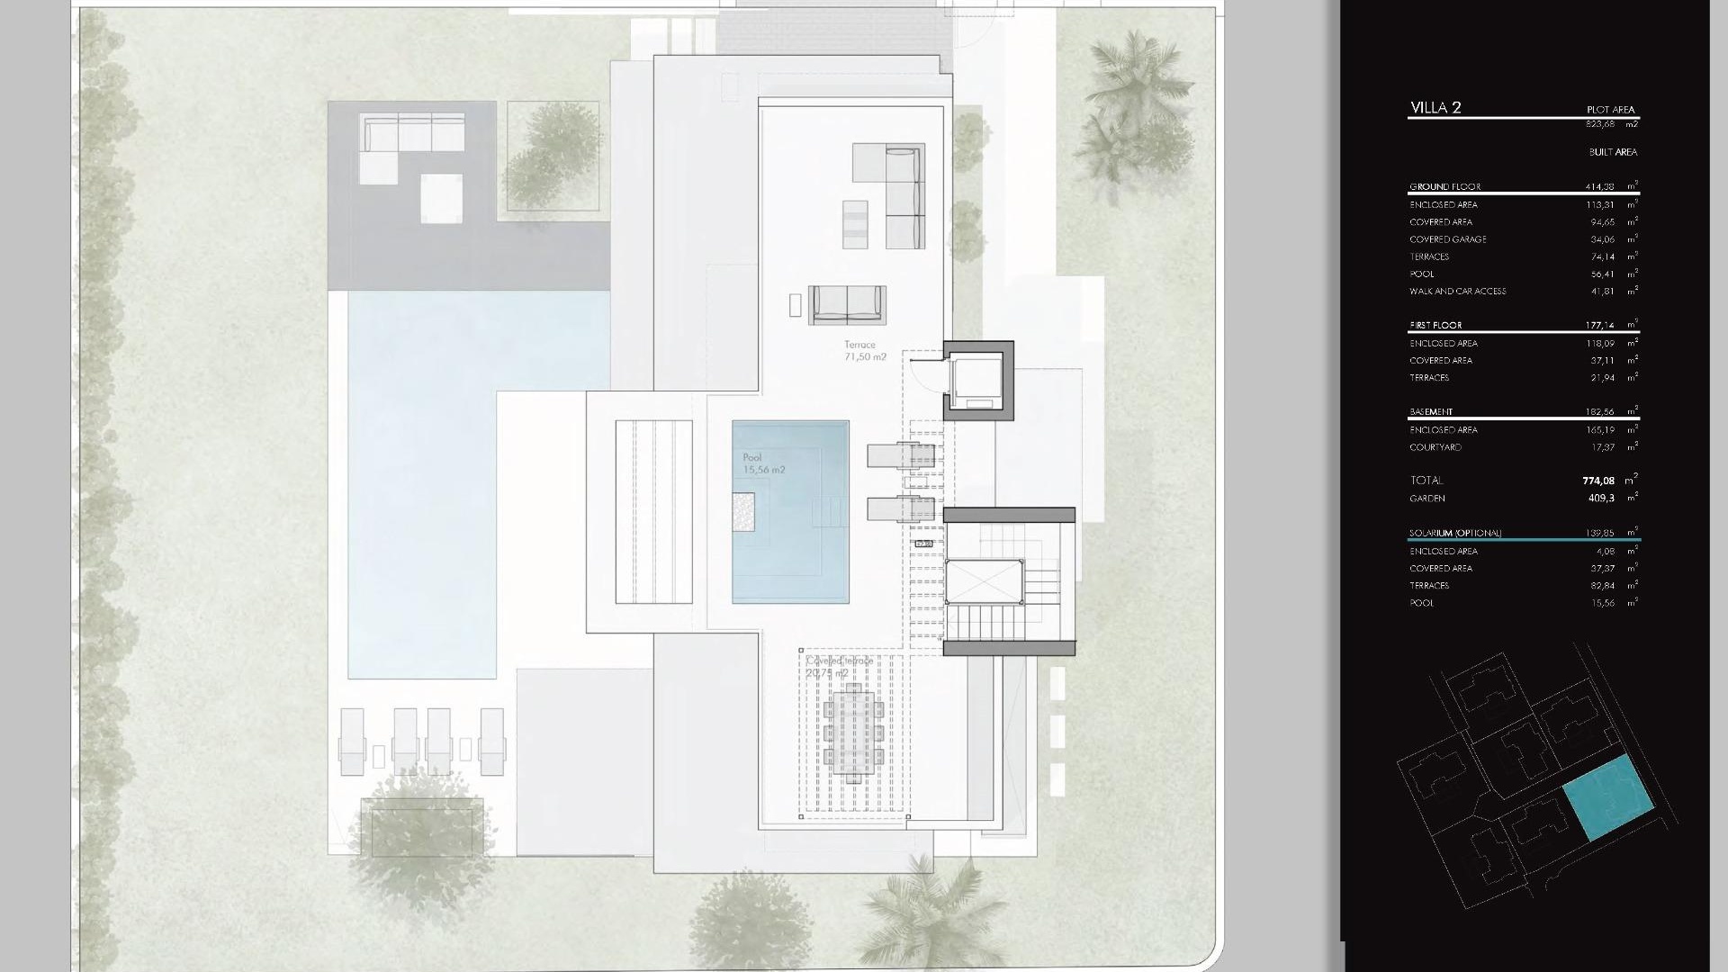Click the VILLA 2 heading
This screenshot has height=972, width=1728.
[1435, 108]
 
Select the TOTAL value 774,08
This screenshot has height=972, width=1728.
[1597, 481]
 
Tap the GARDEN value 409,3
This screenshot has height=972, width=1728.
[1601, 498]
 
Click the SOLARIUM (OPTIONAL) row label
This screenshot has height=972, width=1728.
[1455, 533]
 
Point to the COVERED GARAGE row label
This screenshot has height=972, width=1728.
[1448, 239]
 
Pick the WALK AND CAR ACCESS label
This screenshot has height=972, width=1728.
[1457, 292]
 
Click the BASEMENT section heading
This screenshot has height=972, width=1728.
[1431, 412]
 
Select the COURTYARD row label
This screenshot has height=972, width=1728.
[1435, 447]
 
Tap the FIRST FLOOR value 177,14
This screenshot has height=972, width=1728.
[1599, 325]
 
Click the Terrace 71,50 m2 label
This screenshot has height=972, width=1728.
[864, 351]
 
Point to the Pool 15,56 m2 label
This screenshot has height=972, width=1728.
[763, 463]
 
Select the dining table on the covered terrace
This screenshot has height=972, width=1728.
[853, 730]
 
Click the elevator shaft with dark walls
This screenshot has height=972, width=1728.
[978, 381]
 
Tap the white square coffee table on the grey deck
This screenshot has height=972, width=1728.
[441, 198]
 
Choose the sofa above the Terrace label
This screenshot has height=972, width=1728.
[847, 304]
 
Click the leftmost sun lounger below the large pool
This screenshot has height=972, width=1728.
[351, 741]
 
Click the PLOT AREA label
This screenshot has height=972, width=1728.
[1610, 110]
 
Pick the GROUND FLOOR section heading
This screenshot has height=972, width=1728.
[1444, 187]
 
